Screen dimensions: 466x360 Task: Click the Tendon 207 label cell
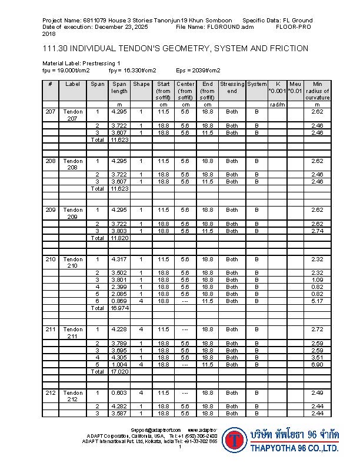coord(74,115)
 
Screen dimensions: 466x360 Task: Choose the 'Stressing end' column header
coord(232,88)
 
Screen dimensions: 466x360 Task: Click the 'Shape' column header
coord(141,84)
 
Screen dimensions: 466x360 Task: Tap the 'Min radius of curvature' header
coord(317,91)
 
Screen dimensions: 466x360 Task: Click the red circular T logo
coord(234,440)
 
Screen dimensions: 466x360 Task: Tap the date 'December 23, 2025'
coord(118,27)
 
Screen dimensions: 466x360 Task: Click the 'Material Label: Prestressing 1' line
coord(81,63)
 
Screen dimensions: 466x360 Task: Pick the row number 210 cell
coord(51,259)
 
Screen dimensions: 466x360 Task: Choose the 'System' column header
coord(256,84)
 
